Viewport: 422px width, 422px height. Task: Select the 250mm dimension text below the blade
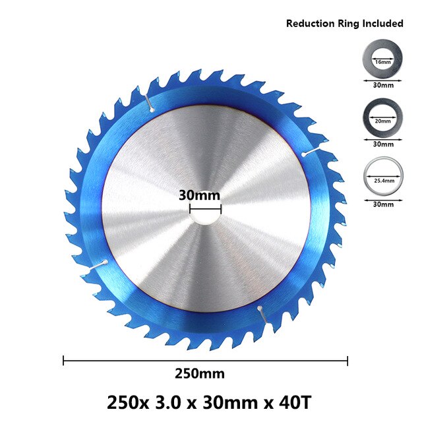click(x=199, y=374)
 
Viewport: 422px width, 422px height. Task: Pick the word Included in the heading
click(x=381, y=23)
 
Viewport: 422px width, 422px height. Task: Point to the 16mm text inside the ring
click(x=380, y=61)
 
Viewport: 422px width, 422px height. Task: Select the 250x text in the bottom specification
click(x=127, y=400)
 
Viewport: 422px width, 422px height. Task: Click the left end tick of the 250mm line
click(x=64, y=360)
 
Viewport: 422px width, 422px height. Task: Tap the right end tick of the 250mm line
click(x=347, y=360)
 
